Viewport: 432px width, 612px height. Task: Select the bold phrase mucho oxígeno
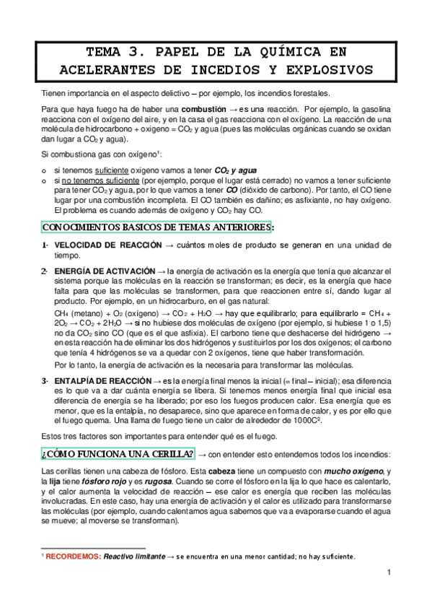click(353, 471)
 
